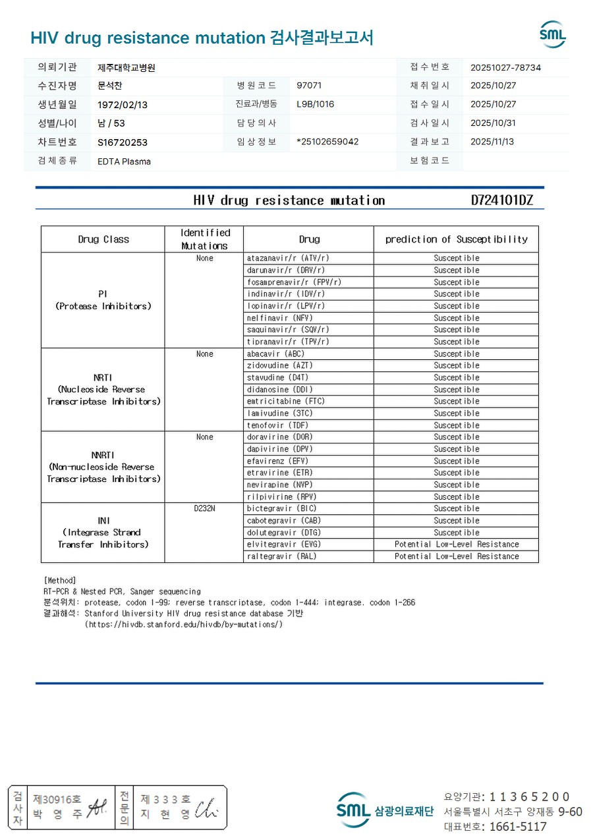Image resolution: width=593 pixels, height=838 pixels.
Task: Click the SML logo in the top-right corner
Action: tap(552, 34)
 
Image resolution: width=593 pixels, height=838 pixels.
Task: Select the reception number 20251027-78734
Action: tap(505, 67)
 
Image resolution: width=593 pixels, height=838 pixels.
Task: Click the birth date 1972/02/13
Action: tap(123, 104)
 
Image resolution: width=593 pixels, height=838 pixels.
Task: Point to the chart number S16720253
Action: tap(123, 142)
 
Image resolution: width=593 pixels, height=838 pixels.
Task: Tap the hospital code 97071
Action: tap(309, 86)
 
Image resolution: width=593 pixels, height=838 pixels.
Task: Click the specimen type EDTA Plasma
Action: tap(124, 161)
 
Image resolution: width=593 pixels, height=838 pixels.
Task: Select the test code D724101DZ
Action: tap(501, 200)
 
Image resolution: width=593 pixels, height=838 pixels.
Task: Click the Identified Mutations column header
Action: tap(205, 239)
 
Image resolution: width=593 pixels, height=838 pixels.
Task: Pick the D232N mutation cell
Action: tap(205, 508)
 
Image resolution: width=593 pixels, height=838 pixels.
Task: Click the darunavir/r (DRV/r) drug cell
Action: tap(285, 270)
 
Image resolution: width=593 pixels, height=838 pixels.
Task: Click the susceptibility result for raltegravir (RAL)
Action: tap(457, 556)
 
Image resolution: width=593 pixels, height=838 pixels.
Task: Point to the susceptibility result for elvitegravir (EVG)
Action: tap(457, 545)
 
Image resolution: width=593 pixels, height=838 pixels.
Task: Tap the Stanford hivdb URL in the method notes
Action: tap(184, 624)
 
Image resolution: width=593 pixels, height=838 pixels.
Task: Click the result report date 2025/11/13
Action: tap(493, 142)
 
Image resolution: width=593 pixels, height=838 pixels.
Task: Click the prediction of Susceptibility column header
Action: tap(457, 239)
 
